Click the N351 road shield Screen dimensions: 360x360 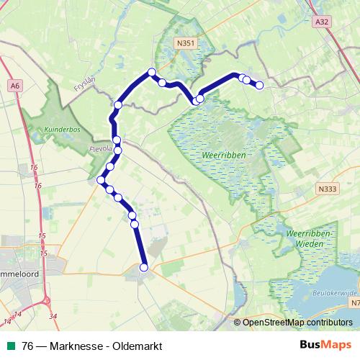186,44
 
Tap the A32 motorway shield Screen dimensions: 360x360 322,23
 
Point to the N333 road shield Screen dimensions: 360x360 326,188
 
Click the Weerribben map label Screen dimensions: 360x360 224,155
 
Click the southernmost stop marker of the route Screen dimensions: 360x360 143,267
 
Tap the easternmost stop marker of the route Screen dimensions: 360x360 259,85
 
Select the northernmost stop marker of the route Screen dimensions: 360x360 152,71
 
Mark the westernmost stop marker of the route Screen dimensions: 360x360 101,179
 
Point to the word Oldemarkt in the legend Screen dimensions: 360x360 137,346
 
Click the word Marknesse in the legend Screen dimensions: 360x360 78,346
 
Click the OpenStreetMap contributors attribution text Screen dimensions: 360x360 297,322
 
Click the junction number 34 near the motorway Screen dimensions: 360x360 53,315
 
